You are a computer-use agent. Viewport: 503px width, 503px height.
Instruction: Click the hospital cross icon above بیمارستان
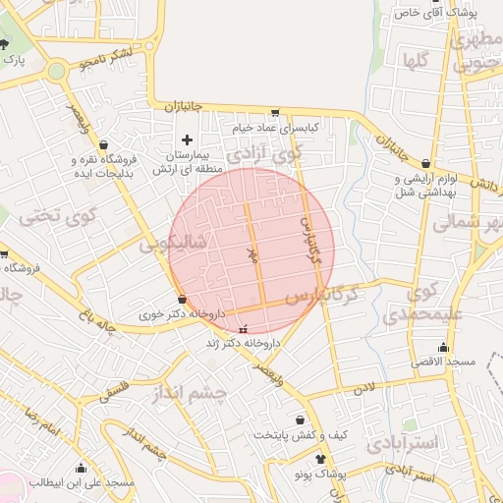click(187, 140)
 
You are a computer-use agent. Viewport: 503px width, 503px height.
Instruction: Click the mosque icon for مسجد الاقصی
click(443, 347)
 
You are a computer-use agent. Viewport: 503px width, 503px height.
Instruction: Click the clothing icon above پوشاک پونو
click(319, 458)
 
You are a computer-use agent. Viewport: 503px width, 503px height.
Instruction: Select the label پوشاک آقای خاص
click(448, 13)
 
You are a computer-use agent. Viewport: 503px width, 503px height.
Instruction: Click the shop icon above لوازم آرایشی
click(424, 164)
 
